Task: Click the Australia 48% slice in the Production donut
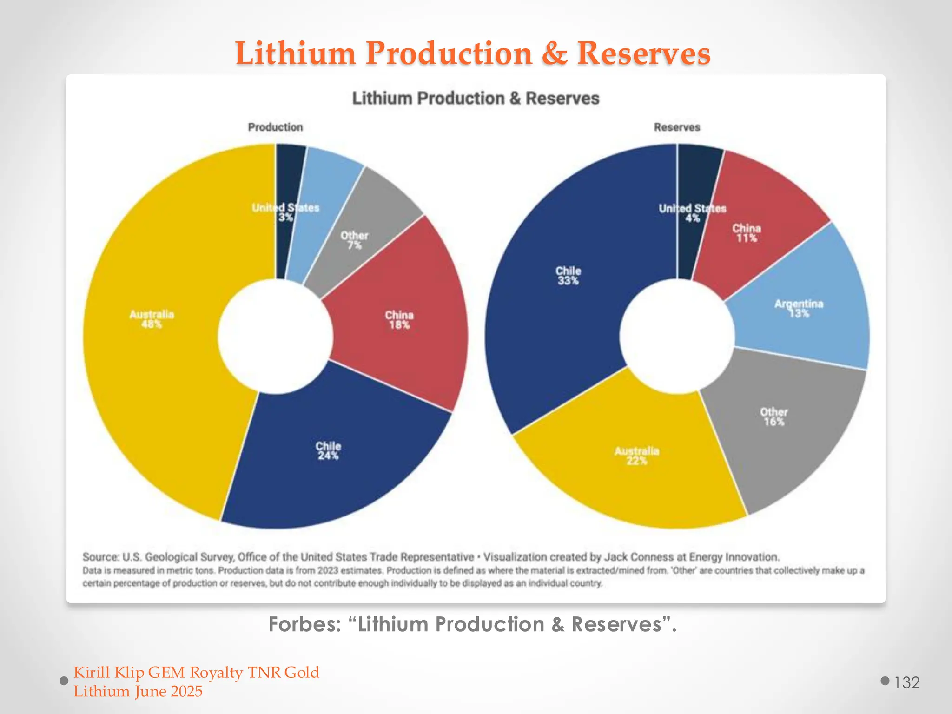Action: pyautogui.click(x=153, y=325)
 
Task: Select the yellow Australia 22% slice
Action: pyautogui.click(x=637, y=460)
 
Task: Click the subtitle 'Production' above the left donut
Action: pyautogui.click(x=275, y=127)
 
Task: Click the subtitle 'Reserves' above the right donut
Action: pyautogui.click(x=677, y=127)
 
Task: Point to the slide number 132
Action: pyautogui.click(x=906, y=682)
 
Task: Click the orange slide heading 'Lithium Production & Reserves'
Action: pyautogui.click(x=473, y=53)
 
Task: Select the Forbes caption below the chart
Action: pyautogui.click(x=473, y=624)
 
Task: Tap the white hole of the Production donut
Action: pyautogui.click(x=275, y=336)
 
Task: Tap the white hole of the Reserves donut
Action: pyautogui.click(x=677, y=336)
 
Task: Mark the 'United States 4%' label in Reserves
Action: pyautogui.click(x=692, y=213)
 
